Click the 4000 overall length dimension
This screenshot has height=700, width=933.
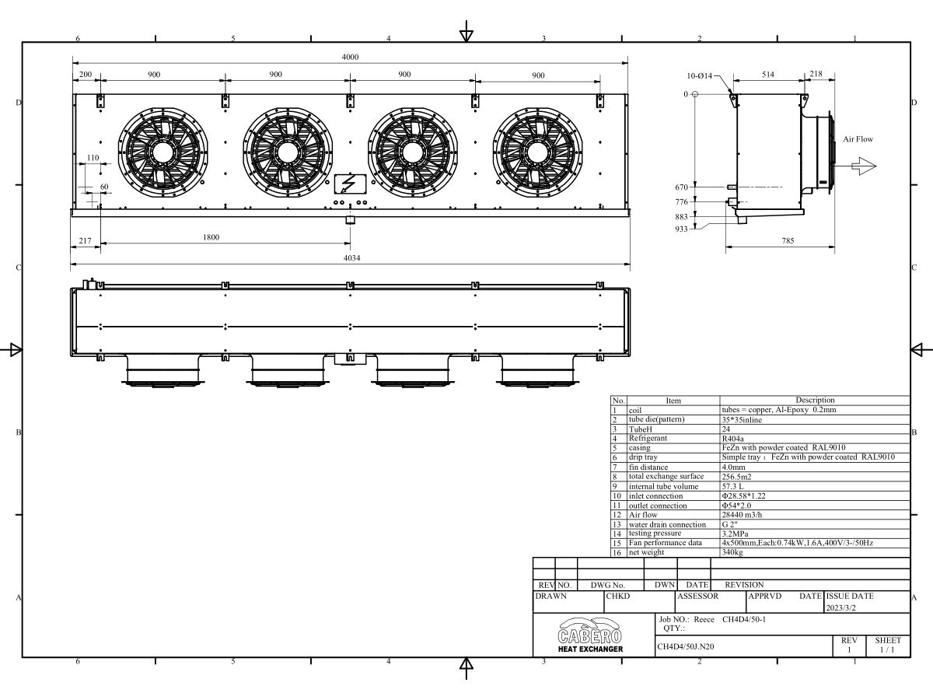point(350,57)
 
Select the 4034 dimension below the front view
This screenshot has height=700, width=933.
point(352,258)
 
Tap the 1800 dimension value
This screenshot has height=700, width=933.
point(211,237)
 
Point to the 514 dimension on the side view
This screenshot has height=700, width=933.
point(768,75)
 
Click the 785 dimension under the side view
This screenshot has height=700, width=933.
point(788,240)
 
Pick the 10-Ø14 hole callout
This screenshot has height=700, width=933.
point(699,75)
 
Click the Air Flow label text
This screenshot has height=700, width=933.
point(858,139)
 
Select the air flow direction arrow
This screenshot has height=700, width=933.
point(864,166)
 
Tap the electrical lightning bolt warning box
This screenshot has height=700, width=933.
point(350,184)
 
